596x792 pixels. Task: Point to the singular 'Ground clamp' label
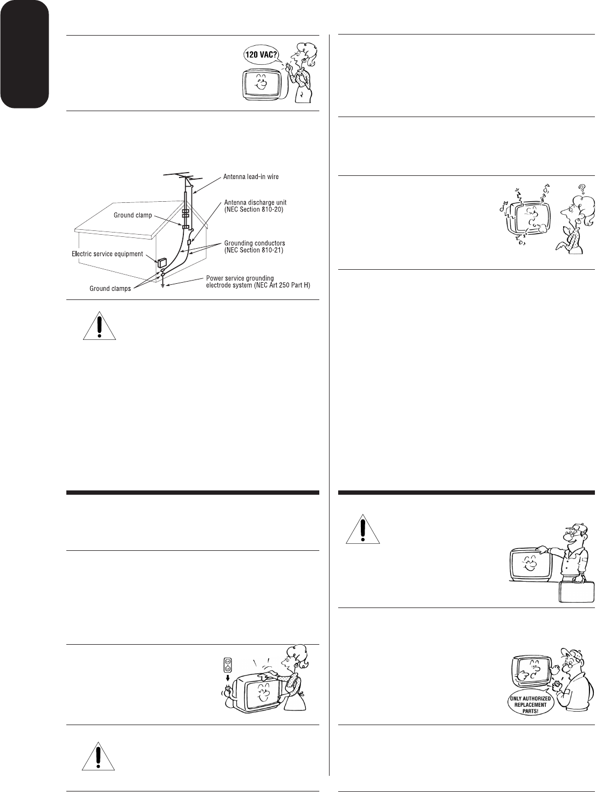point(133,215)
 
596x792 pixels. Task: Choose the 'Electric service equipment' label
point(107,253)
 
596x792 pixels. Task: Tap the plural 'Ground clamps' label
point(110,289)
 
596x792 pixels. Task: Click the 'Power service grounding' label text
point(239,278)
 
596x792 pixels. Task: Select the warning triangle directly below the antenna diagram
point(100,325)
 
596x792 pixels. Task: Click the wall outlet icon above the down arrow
point(228,665)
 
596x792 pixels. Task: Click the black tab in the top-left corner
point(24,53)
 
